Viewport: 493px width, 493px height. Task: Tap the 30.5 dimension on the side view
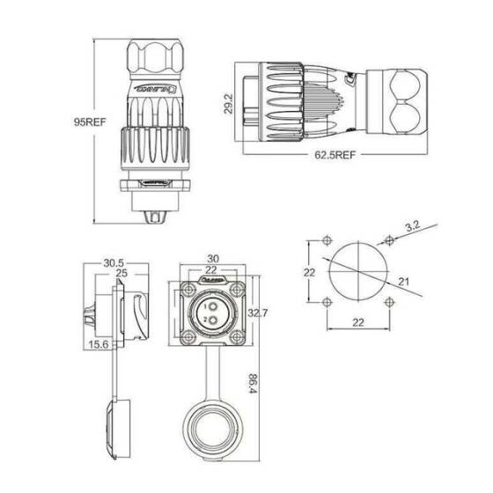[112, 262]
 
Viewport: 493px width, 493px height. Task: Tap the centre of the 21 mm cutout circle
[358, 272]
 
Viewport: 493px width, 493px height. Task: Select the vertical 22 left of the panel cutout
[309, 272]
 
